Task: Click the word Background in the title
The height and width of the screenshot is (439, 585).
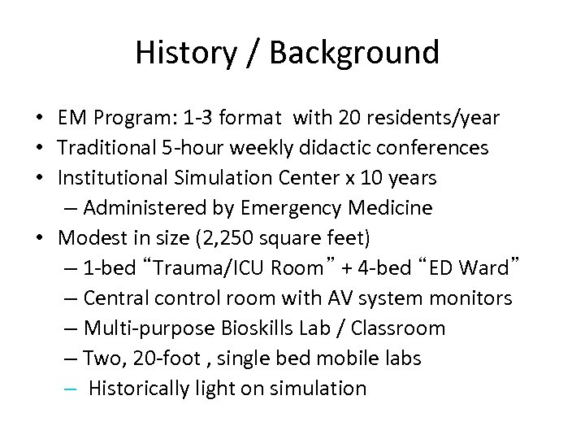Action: tap(354, 53)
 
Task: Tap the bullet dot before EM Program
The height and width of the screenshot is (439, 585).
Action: tap(39, 119)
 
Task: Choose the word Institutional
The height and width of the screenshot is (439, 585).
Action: tap(114, 178)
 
